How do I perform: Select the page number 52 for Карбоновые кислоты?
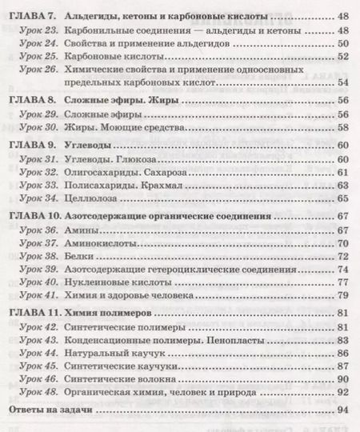point(342,57)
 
